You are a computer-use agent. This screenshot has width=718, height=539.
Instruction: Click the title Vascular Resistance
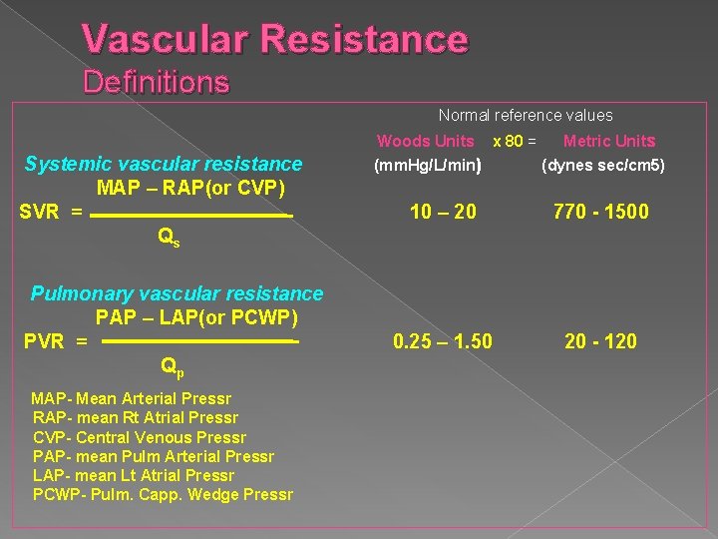pyautogui.click(x=274, y=39)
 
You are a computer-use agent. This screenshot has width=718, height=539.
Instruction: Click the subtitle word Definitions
pyautogui.click(x=157, y=81)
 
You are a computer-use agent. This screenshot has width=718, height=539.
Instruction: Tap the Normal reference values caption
pyautogui.click(x=526, y=116)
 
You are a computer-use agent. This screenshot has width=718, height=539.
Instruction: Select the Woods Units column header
pyautogui.click(x=425, y=141)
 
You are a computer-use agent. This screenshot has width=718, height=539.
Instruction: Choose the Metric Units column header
pyautogui.click(x=609, y=141)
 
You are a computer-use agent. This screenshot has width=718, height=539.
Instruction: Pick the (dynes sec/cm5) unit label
pyautogui.click(x=603, y=164)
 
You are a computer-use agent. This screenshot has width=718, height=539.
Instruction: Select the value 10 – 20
pyautogui.click(x=444, y=212)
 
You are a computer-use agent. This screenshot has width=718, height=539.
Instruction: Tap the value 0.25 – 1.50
pyautogui.click(x=443, y=341)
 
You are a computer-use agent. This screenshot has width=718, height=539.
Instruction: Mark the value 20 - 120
pyautogui.click(x=600, y=341)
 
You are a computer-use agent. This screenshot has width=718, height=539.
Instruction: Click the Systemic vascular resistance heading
pyautogui.click(x=164, y=164)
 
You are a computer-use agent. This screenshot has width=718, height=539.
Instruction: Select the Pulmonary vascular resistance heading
pyautogui.click(x=178, y=293)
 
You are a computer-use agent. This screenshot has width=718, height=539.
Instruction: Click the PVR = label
pyautogui.click(x=55, y=342)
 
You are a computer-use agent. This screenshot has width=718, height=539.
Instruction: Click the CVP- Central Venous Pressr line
pyautogui.click(x=140, y=437)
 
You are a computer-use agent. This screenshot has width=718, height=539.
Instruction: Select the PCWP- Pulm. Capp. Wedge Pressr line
pyautogui.click(x=163, y=494)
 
